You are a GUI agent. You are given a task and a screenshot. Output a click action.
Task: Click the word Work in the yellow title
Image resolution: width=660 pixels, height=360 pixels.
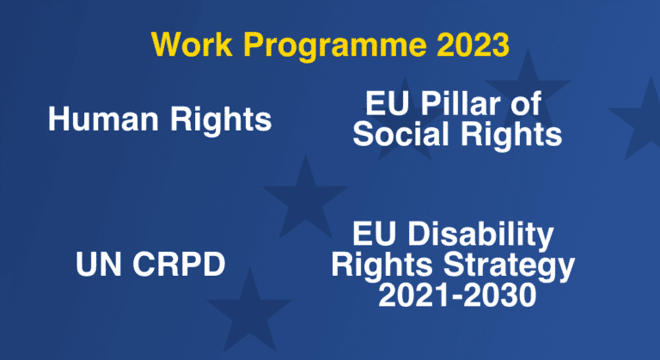coord(192,44)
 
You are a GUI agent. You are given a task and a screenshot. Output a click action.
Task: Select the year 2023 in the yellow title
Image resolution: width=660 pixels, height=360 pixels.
coord(474,44)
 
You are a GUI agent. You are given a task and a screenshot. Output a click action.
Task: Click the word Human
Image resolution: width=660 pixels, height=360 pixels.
coord(103,119)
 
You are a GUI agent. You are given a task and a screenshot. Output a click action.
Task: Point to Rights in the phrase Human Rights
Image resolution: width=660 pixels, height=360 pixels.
coord(221,121)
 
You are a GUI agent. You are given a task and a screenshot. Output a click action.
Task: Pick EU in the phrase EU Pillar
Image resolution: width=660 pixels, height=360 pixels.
coord(387,103)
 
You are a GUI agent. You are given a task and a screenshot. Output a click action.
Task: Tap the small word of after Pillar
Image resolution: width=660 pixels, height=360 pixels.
coord(527,103)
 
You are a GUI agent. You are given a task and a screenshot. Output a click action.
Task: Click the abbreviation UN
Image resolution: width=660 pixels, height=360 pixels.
coord(99,264)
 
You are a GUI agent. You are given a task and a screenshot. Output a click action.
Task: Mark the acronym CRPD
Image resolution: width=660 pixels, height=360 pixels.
coord(179,264)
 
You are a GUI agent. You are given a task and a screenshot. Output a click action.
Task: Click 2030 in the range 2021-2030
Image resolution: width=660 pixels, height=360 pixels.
coord(497,296)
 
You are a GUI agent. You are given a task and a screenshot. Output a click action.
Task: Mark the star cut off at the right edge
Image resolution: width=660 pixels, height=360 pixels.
coord(638,120)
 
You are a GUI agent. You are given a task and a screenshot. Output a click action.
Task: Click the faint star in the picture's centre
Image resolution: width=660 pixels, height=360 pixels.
coord(306,196)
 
